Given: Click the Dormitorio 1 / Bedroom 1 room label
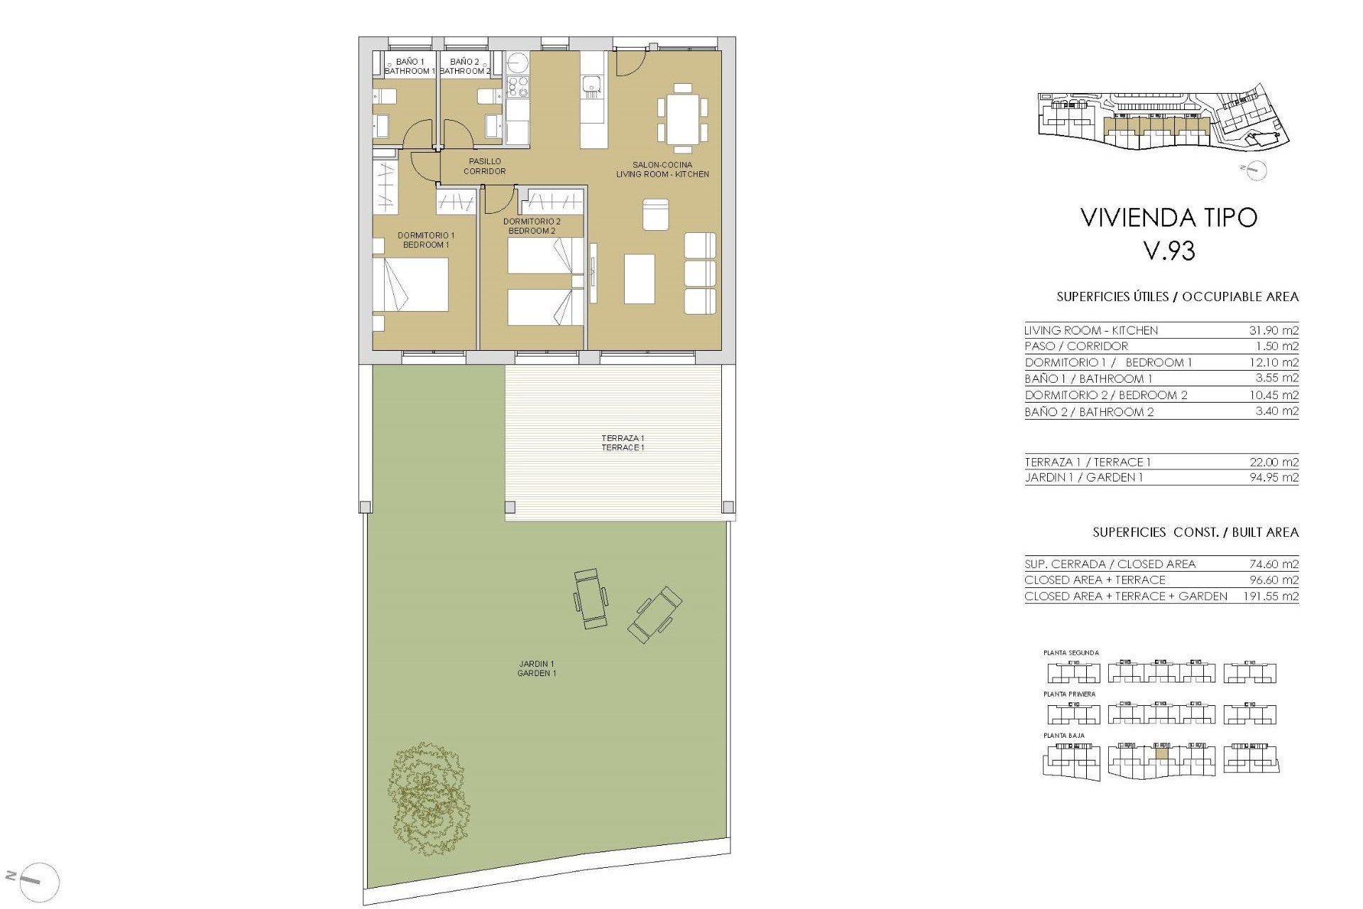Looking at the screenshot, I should (x=426, y=240).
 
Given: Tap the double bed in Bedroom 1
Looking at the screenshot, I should (x=410, y=285).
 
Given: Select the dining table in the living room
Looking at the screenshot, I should (x=682, y=118).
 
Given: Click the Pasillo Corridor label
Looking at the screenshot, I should (x=484, y=166).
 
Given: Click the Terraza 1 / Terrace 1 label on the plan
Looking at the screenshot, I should (x=623, y=443).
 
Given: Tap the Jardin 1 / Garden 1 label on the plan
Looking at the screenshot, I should (x=537, y=668).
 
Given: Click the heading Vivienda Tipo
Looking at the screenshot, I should (x=1168, y=217).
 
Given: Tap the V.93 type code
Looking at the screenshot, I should (x=1169, y=251).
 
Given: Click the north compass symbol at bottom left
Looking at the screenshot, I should (x=38, y=883).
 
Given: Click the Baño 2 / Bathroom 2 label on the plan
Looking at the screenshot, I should (x=464, y=67).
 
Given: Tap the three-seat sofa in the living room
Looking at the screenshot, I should (x=700, y=273).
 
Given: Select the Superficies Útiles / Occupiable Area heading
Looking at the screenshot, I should (x=1177, y=297).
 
